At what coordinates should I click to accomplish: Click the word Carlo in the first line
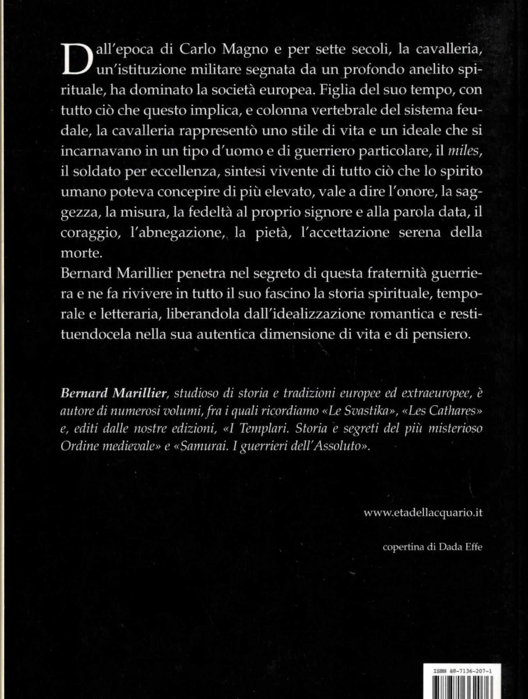pos(185,50)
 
